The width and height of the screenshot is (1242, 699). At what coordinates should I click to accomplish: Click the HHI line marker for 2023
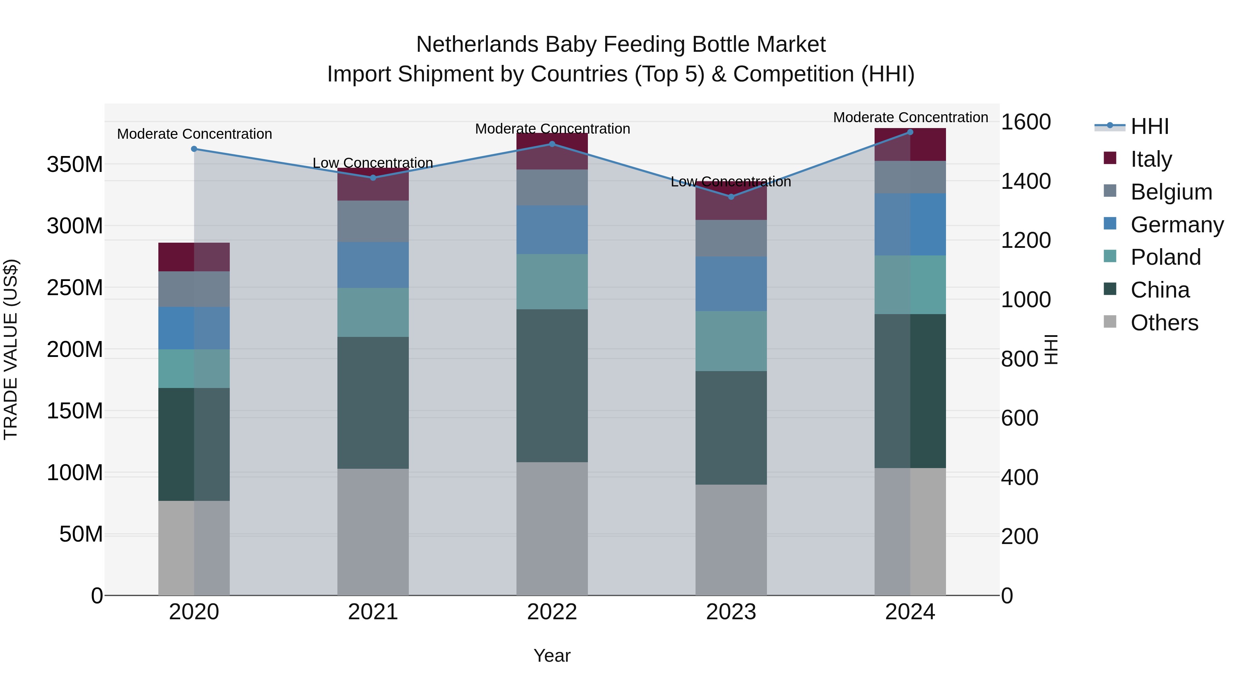[x=731, y=197]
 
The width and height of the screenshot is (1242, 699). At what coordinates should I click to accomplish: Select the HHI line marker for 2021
[x=373, y=177]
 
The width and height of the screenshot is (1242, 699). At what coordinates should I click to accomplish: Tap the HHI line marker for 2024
[x=910, y=132]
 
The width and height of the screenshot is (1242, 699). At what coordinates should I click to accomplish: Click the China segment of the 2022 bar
[x=552, y=386]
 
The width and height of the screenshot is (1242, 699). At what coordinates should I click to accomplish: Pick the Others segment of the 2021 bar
[x=373, y=532]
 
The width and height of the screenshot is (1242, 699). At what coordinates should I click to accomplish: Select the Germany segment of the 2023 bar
[x=731, y=284]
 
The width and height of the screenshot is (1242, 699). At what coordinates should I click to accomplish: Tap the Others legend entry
[x=1164, y=323]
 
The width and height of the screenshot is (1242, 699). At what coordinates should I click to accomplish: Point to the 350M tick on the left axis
[x=75, y=165]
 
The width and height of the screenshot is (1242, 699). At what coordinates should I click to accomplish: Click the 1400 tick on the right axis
[x=1026, y=181]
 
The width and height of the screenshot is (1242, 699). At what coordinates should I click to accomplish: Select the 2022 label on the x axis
[x=552, y=612]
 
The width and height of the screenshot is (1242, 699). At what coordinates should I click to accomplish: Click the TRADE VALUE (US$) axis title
[x=11, y=349]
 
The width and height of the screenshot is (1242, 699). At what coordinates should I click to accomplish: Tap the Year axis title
[x=552, y=656]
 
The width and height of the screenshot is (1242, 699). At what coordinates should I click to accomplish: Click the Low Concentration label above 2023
[x=731, y=182]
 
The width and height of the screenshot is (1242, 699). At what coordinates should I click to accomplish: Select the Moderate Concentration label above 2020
[x=194, y=134]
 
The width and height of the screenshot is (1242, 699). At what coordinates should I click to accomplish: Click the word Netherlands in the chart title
[x=477, y=45]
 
